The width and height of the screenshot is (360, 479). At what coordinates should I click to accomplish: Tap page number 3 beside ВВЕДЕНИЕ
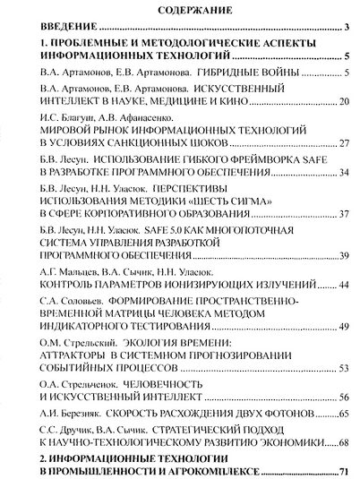(x=344, y=30)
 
